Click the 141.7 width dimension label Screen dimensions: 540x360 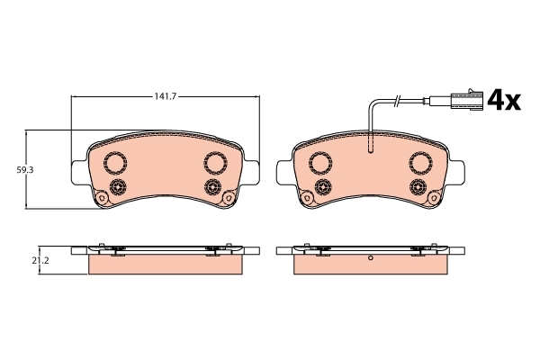[x=165, y=97]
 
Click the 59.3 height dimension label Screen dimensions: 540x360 [x=25, y=170]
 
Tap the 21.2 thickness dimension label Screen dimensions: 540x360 [x=40, y=260]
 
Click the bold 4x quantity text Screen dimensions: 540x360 [x=504, y=100]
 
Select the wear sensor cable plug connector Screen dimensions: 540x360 [x=466, y=100]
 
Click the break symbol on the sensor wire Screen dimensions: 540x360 [x=398, y=100]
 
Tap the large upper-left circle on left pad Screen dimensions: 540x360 [x=115, y=163]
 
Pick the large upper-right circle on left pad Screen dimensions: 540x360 [x=215, y=163]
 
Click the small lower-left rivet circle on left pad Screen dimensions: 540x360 [x=117, y=187]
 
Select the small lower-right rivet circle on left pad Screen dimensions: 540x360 [x=212, y=187]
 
